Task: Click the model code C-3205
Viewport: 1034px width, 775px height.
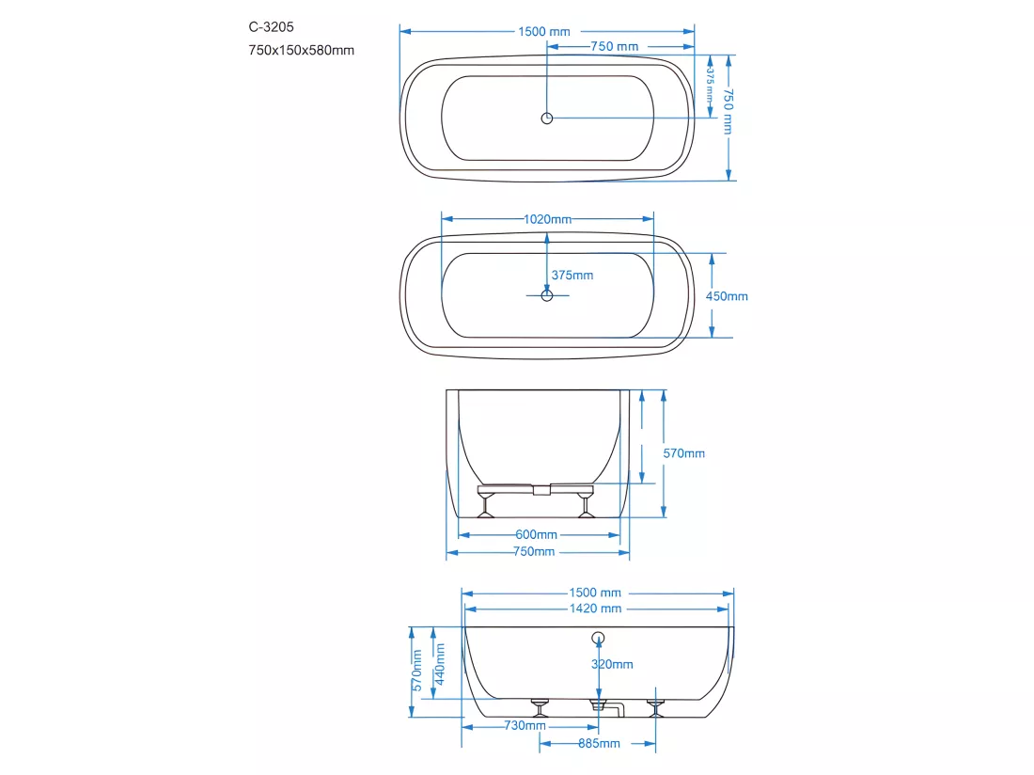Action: pos(271,27)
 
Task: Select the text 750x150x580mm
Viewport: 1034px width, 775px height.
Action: pos(302,50)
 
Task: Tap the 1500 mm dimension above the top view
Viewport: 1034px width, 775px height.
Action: pos(544,32)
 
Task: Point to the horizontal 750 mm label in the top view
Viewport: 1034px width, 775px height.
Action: pos(615,46)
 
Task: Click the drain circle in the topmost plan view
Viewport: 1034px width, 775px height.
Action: pos(547,119)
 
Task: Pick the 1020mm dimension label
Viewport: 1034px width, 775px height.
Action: pos(547,219)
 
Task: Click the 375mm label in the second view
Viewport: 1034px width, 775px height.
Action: pos(572,275)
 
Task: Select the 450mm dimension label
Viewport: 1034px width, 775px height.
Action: pos(727,296)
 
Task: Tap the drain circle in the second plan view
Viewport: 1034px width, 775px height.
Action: pos(547,295)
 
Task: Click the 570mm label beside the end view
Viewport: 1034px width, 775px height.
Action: pos(683,453)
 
